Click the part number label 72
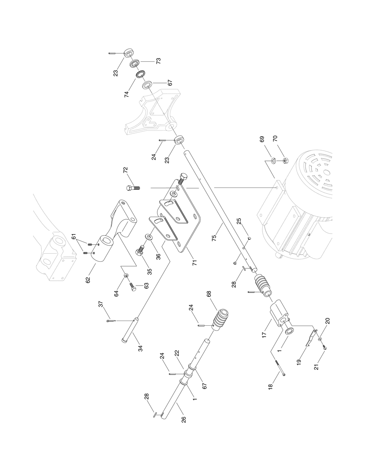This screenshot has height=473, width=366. (x=125, y=171)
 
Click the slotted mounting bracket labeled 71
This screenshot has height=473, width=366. (x=176, y=219)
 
